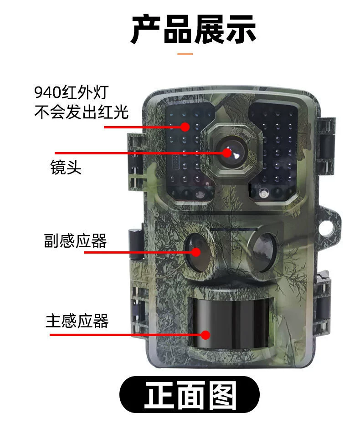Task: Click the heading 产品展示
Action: [x=193, y=29]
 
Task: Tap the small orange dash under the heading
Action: [x=185, y=54]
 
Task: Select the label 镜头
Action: [x=66, y=167]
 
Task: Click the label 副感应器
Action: [x=76, y=240]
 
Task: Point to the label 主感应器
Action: [x=77, y=321]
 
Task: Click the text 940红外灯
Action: [x=71, y=92]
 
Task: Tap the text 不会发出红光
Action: [x=82, y=112]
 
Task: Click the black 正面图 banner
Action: [x=190, y=395]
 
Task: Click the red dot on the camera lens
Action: [x=227, y=153]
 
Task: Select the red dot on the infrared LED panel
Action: [x=185, y=127]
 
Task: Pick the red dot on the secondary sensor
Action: [x=196, y=252]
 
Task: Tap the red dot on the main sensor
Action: [x=205, y=335]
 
